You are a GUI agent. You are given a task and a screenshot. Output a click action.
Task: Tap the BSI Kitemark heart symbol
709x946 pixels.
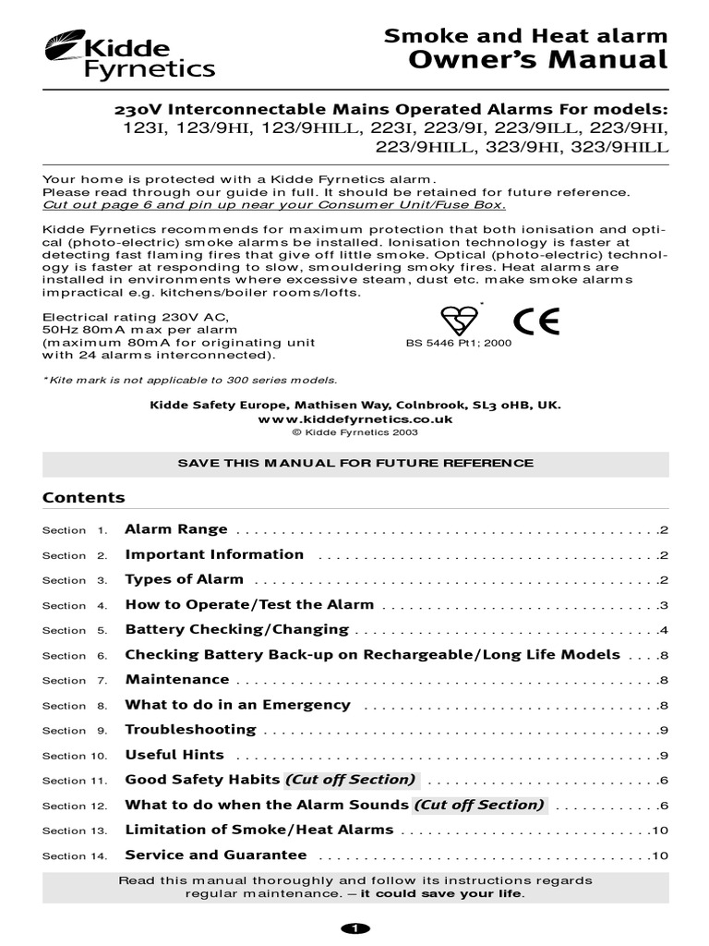pos(459,320)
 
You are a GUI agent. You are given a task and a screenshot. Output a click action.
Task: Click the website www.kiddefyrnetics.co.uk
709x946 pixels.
pos(354,418)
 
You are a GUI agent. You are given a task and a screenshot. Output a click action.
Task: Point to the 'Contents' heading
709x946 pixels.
pos(84,497)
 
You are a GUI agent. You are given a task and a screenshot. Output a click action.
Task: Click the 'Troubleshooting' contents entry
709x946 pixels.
pos(190,729)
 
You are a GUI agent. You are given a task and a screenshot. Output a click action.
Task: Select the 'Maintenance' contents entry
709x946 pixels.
pos(176,679)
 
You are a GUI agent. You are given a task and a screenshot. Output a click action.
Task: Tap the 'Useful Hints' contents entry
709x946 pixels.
pos(174,754)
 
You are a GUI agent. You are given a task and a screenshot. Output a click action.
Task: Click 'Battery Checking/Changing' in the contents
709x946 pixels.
pos(236,629)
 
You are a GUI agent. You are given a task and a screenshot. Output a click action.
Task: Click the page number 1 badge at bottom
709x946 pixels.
pos(354,928)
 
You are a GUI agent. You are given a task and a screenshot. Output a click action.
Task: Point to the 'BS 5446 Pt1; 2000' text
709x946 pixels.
pos(459,343)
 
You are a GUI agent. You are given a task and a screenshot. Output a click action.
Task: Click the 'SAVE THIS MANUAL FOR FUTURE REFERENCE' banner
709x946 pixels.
pos(355,463)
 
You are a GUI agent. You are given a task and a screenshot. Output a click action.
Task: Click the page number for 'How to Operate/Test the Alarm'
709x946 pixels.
pos(663,605)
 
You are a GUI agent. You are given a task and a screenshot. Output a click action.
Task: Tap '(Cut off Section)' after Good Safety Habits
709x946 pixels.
pos(351,779)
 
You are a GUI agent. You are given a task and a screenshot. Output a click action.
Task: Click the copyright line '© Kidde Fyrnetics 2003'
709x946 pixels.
pos(354,431)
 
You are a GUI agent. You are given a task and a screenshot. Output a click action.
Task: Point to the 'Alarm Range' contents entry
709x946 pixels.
pos(175,529)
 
